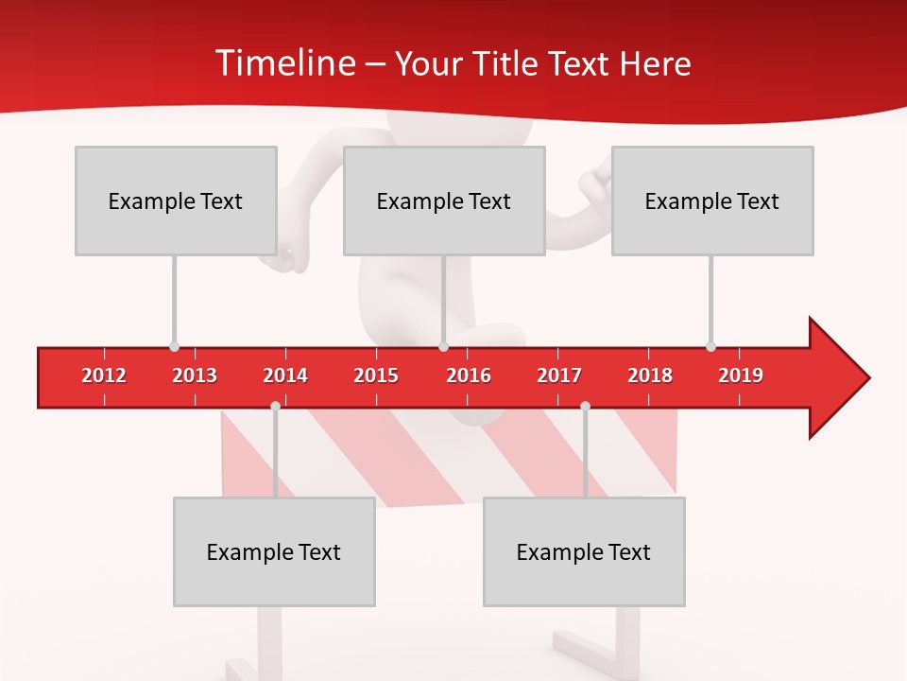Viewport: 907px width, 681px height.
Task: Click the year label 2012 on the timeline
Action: tap(104, 375)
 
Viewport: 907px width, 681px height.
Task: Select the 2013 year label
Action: tap(195, 375)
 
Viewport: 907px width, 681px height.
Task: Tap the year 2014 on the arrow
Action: tap(285, 375)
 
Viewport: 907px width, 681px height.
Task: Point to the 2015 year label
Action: tap(376, 375)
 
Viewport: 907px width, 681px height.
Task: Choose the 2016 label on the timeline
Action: tap(469, 375)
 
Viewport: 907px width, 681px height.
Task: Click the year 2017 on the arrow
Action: tap(559, 375)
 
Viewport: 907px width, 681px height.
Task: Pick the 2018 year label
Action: tap(650, 375)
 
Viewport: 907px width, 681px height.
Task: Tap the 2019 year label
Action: tap(741, 375)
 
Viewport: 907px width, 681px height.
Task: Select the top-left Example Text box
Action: tap(176, 201)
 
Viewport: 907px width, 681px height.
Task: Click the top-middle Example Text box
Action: tap(444, 201)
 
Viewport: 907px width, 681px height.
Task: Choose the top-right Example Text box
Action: tap(712, 201)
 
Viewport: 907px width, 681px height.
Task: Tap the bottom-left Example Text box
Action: tap(274, 551)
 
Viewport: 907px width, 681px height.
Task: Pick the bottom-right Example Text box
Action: tap(584, 551)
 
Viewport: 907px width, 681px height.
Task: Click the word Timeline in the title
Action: tap(283, 63)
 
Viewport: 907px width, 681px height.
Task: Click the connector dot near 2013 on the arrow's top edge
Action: tap(174, 347)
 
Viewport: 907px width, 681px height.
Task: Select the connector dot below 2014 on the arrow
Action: tap(275, 406)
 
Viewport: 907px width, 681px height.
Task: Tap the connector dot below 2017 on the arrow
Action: tap(585, 406)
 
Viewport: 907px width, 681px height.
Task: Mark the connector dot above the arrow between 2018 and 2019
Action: tap(710, 347)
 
